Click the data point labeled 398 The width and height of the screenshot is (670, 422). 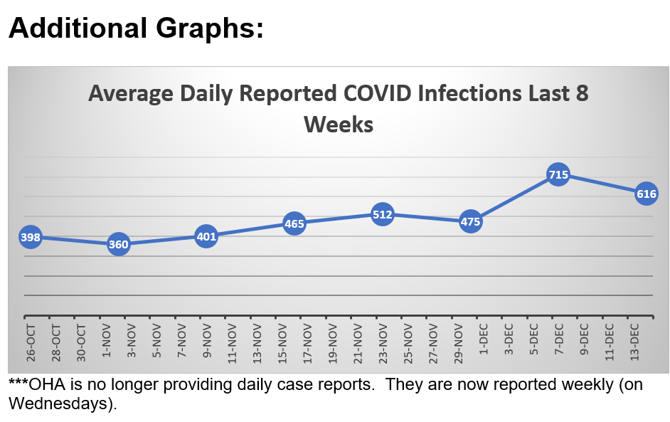click(30, 236)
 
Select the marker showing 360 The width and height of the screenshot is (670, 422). click(118, 244)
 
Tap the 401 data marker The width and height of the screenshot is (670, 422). click(206, 236)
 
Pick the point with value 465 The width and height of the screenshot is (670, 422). click(294, 223)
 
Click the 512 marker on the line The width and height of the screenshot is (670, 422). click(383, 214)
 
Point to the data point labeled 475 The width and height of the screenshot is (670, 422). click(471, 221)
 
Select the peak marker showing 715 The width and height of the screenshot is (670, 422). click(558, 174)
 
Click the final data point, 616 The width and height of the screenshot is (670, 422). click(646, 194)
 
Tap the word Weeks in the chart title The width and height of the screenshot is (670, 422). click(339, 125)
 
